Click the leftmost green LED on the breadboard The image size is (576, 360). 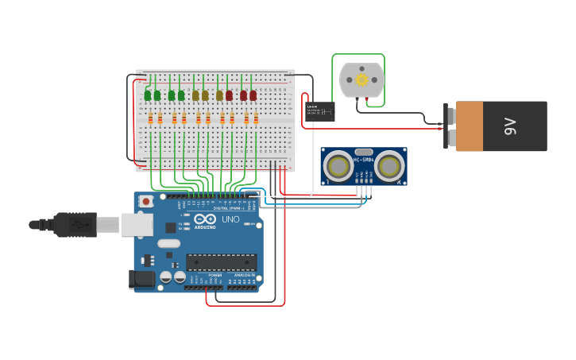point(148,95)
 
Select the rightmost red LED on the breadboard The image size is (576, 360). point(253,95)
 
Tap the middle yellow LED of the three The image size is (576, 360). point(205,95)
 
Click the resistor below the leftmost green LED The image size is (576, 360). point(149,119)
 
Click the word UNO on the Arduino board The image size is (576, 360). point(230,219)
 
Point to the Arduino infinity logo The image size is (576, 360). point(205,219)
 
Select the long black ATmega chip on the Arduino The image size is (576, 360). point(221,261)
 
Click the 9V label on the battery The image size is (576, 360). point(510,126)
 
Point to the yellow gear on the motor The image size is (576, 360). point(361,79)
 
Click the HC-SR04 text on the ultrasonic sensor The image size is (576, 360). point(364,160)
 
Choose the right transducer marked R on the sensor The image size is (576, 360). point(389,167)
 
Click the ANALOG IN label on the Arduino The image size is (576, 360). point(242,275)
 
